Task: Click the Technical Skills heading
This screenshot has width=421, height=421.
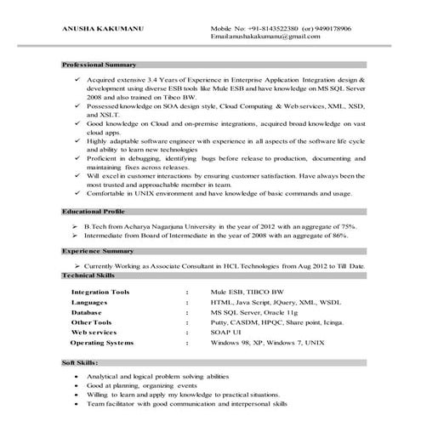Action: (x=91, y=276)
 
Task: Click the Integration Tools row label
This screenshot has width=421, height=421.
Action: (x=101, y=291)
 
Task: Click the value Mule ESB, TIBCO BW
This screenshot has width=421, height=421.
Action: (x=241, y=291)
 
